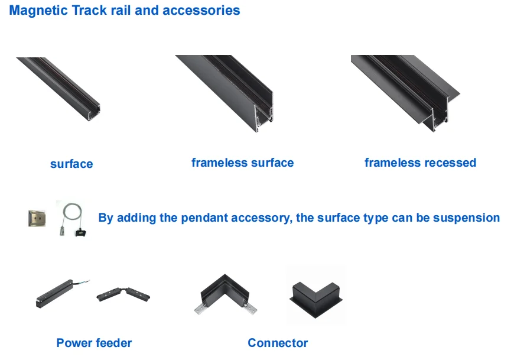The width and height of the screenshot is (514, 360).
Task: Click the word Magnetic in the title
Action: click(36, 11)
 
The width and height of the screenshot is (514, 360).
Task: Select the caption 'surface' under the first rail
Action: click(71, 164)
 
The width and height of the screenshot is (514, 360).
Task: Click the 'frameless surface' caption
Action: click(242, 163)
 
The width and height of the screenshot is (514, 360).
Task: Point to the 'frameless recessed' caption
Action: click(420, 163)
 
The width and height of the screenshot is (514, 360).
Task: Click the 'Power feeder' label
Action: click(94, 343)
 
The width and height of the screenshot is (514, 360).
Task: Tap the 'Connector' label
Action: click(278, 343)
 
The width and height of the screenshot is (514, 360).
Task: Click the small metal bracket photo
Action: click(37, 218)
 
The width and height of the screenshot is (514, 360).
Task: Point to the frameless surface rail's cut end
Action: click(264, 115)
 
